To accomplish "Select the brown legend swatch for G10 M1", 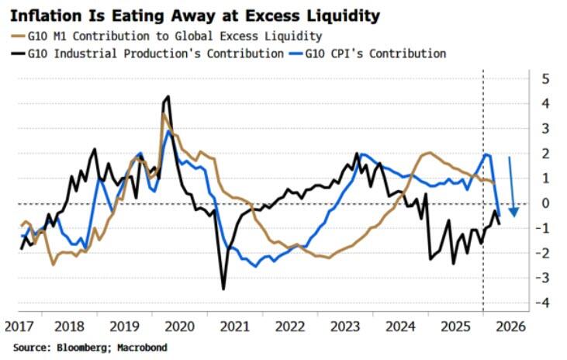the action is coord(18,36).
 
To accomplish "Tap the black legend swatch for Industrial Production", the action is coord(18,54).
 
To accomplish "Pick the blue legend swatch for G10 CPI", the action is coord(296,54).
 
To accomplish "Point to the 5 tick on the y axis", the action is coord(545,79).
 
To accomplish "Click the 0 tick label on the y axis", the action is coord(545,203).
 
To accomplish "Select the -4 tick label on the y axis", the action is coord(542,303).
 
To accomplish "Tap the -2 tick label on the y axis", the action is coord(542,253).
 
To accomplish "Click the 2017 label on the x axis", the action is coord(19,327).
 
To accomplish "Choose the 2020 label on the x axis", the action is coord(179,327).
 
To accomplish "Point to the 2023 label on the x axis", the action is coord(345,327).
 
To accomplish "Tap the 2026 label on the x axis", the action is coord(511,327).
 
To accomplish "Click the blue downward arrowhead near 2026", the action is coord(513,213).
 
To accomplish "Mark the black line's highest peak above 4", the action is coord(168,96).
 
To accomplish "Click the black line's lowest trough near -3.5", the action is coord(223,289).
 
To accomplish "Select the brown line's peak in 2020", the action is coord(164,114).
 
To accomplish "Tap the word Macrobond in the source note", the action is coord(142,348).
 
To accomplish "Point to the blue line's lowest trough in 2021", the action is coord(256,266).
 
